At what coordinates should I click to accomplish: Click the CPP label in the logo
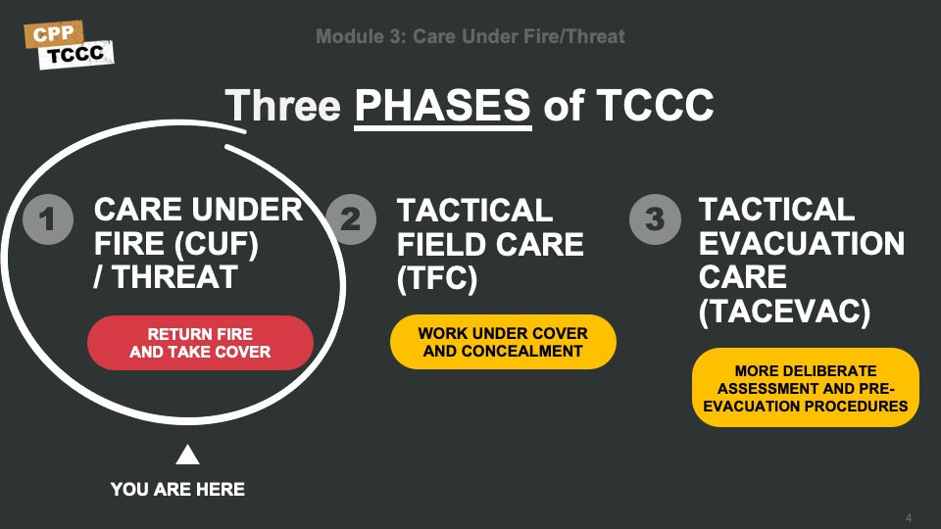pyautogui.click(x=53, y=34)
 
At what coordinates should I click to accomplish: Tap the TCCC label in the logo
pyautogui.click(x=75, y=55)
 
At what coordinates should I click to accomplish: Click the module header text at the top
pyautogui.click(x=470, y=36)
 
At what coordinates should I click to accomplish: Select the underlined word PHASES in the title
pyautogui.click(x=442, y=106)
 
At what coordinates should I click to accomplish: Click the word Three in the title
pyautogui.click(x=282, y=106)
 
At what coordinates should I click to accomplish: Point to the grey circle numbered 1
pyautogui.click(x=48, y=218)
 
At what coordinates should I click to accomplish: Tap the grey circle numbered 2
pyautogui.click(x=351, y=218)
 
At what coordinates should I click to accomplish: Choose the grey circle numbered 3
pyautogui.click(x=656, y=218)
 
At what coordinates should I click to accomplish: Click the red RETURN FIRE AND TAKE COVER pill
pyautogui.click(x=200, y=343)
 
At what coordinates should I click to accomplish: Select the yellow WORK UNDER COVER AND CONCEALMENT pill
pyautogui.click(x=503, y=342)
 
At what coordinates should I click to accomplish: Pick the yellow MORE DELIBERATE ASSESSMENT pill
pyautogui.click(x=806, y=388)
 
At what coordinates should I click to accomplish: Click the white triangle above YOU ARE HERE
pyautogui.click(x=187, y=455)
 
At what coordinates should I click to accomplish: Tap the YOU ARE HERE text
pyautogui.click(x=177, y=490)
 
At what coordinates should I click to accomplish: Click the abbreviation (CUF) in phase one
pyautogui.click(x=217, y=244)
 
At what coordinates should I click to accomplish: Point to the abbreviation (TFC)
pyautogui.click(x=437, y=278)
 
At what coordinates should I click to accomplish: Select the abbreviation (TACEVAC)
pyautogui.click(x=784, y=312)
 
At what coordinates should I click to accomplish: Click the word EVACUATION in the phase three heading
pyautogui.click(x=802, y=244)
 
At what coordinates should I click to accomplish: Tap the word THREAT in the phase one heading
pyautogui.click(x=174, y=277)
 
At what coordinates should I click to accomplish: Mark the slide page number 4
pyautogui.click(x=909, y=517)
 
